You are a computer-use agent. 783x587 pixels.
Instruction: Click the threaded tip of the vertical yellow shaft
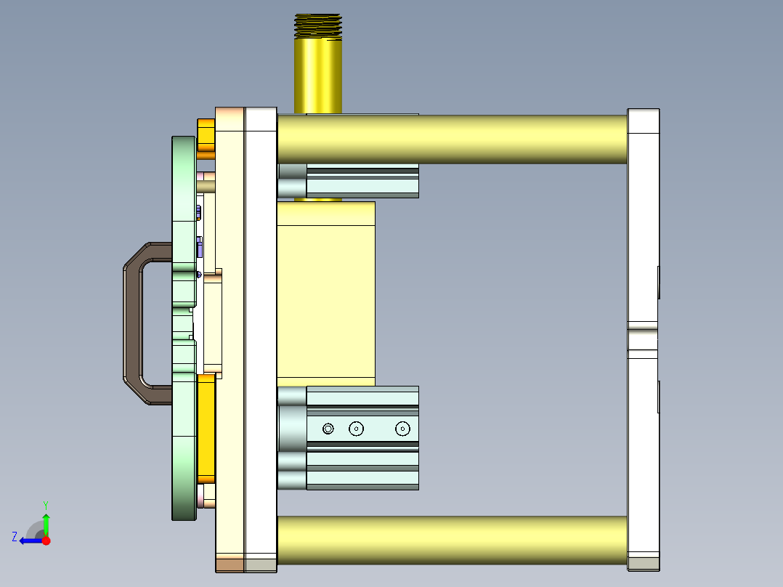click(x=317, y=25)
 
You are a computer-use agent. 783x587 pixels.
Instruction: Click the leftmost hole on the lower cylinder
click(x=328, y=429)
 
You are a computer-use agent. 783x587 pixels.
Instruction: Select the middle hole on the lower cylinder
click(x=356, y=429)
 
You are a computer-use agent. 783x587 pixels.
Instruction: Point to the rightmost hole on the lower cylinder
click(x=402, y=429)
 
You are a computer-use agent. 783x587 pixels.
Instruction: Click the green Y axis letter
click(x=45, y=503)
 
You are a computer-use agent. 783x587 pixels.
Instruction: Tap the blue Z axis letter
click(x=15, y=537)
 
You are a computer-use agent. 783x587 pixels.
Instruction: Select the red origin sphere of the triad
click(x=46, y=541)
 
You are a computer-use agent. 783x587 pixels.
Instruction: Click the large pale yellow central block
click(x=325, y=291)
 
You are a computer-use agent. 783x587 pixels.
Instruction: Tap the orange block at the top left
click(x=206, y=138)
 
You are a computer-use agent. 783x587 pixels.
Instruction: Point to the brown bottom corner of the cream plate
click(x=230, y=564)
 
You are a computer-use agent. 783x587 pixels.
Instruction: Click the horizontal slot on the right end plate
click(x=643, y=339)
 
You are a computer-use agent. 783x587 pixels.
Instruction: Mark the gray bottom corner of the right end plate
click(x=643, y=564)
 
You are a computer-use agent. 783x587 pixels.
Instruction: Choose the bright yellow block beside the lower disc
click(x=206, y=429)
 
